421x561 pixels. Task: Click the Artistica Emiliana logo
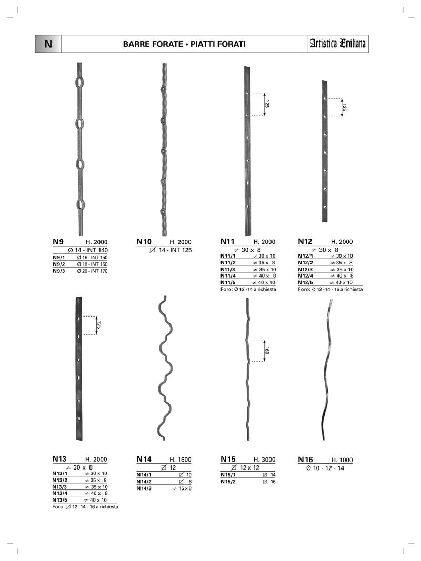(337, 44)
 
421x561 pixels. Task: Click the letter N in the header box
(48, 44)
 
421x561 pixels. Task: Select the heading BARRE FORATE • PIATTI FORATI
(184, 44)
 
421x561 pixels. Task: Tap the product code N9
(58, 241)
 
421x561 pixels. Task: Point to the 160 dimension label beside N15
(267, 350)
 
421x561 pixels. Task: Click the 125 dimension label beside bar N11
(267, 104)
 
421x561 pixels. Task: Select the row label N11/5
(228, 283)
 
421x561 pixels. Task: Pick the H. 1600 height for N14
(181, 460)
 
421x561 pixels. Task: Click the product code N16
(305, 460)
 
